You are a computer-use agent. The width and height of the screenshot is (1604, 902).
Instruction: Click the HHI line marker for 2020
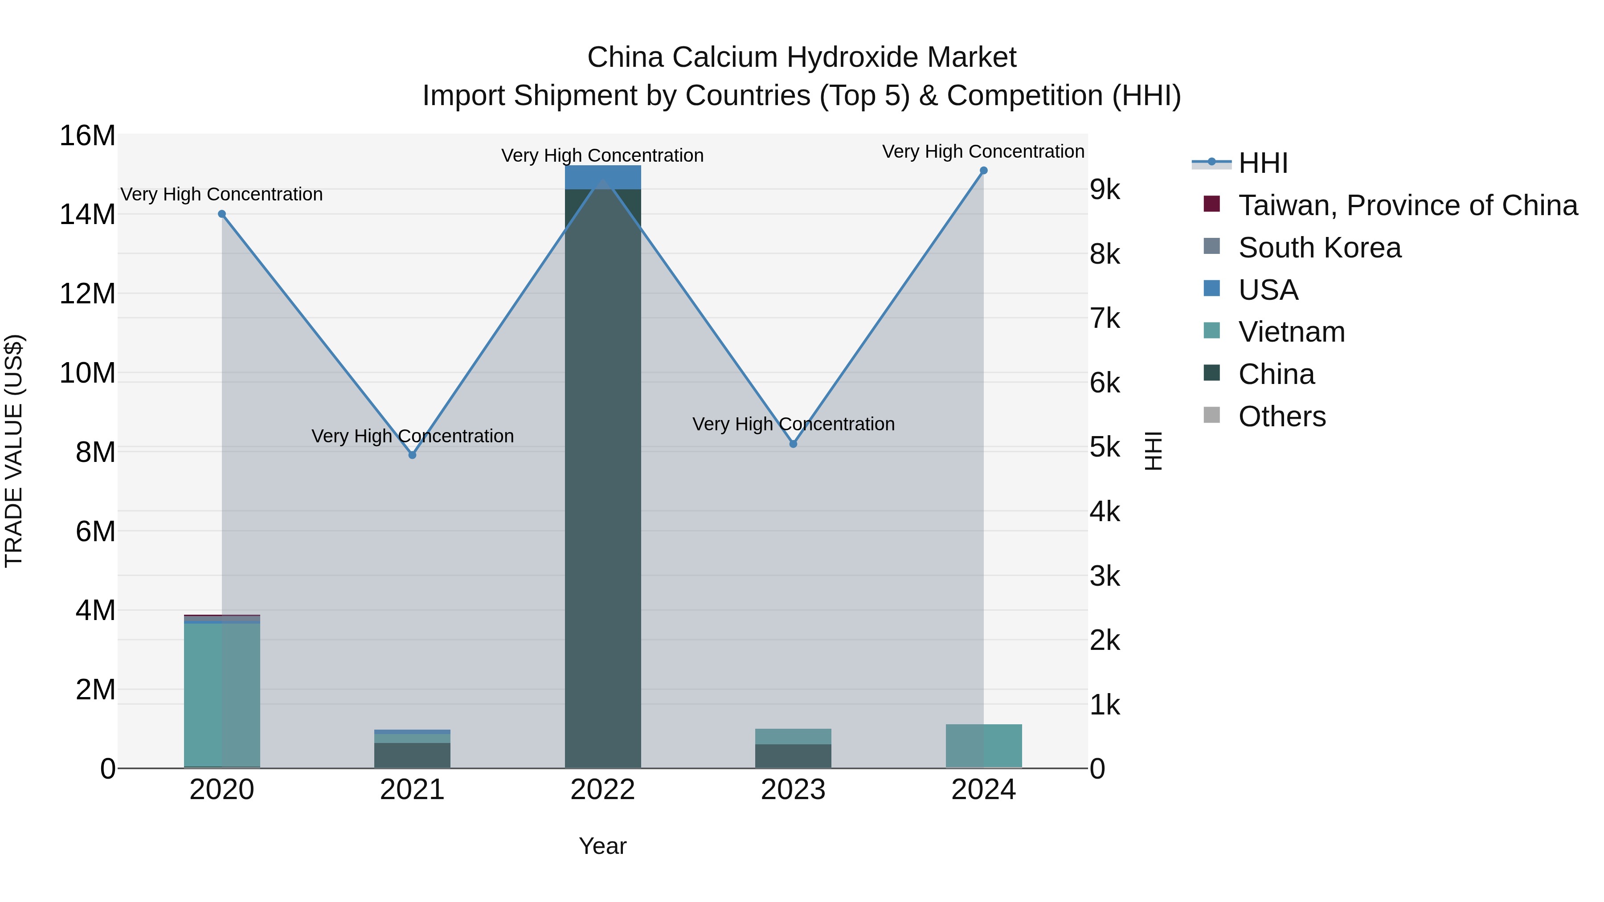click(x=222, y=214)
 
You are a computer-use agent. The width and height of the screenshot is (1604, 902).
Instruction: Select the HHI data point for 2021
click(x=412, y=455)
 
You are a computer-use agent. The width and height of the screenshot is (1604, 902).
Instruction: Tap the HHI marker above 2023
click(x=793, y=444)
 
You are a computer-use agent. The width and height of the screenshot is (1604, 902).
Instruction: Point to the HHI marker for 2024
click(x=984, y=171)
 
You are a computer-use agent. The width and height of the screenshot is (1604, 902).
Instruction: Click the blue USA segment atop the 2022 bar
click(x=603, y=177)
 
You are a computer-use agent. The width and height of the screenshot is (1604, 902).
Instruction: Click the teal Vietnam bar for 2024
click(x=984, y=747)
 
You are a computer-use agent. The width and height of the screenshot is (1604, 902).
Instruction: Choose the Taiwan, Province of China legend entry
click(x=1407, y=205)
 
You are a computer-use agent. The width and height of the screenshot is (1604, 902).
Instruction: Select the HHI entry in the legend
click(x=1262, y=163)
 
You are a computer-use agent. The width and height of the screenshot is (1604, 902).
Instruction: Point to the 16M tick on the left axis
click(x=87, y=136)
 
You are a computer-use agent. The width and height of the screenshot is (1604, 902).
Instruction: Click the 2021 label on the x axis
click(x=412, y=790)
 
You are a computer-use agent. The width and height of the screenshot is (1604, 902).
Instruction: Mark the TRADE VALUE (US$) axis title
click(x=14, y=451)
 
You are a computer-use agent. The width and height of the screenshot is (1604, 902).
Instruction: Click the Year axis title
click(x=603, y=846)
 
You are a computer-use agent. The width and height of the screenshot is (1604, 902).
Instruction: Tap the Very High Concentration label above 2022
click(x=603, y=155)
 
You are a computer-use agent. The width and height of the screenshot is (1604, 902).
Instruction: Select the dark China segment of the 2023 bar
click(x=793, y=756)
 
